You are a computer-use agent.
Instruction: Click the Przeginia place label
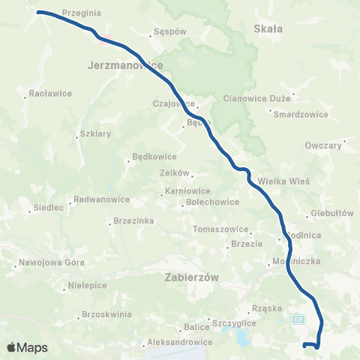tap(82, 13)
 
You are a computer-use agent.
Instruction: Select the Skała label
tap(268, 28)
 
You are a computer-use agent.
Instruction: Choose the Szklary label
tap(94, 135)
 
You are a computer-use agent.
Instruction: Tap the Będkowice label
tap(154, 157)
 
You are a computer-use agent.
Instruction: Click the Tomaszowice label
tap(220, 229)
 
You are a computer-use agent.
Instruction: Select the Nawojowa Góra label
tap(52, 263)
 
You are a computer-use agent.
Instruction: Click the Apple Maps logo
tap(27, 347)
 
